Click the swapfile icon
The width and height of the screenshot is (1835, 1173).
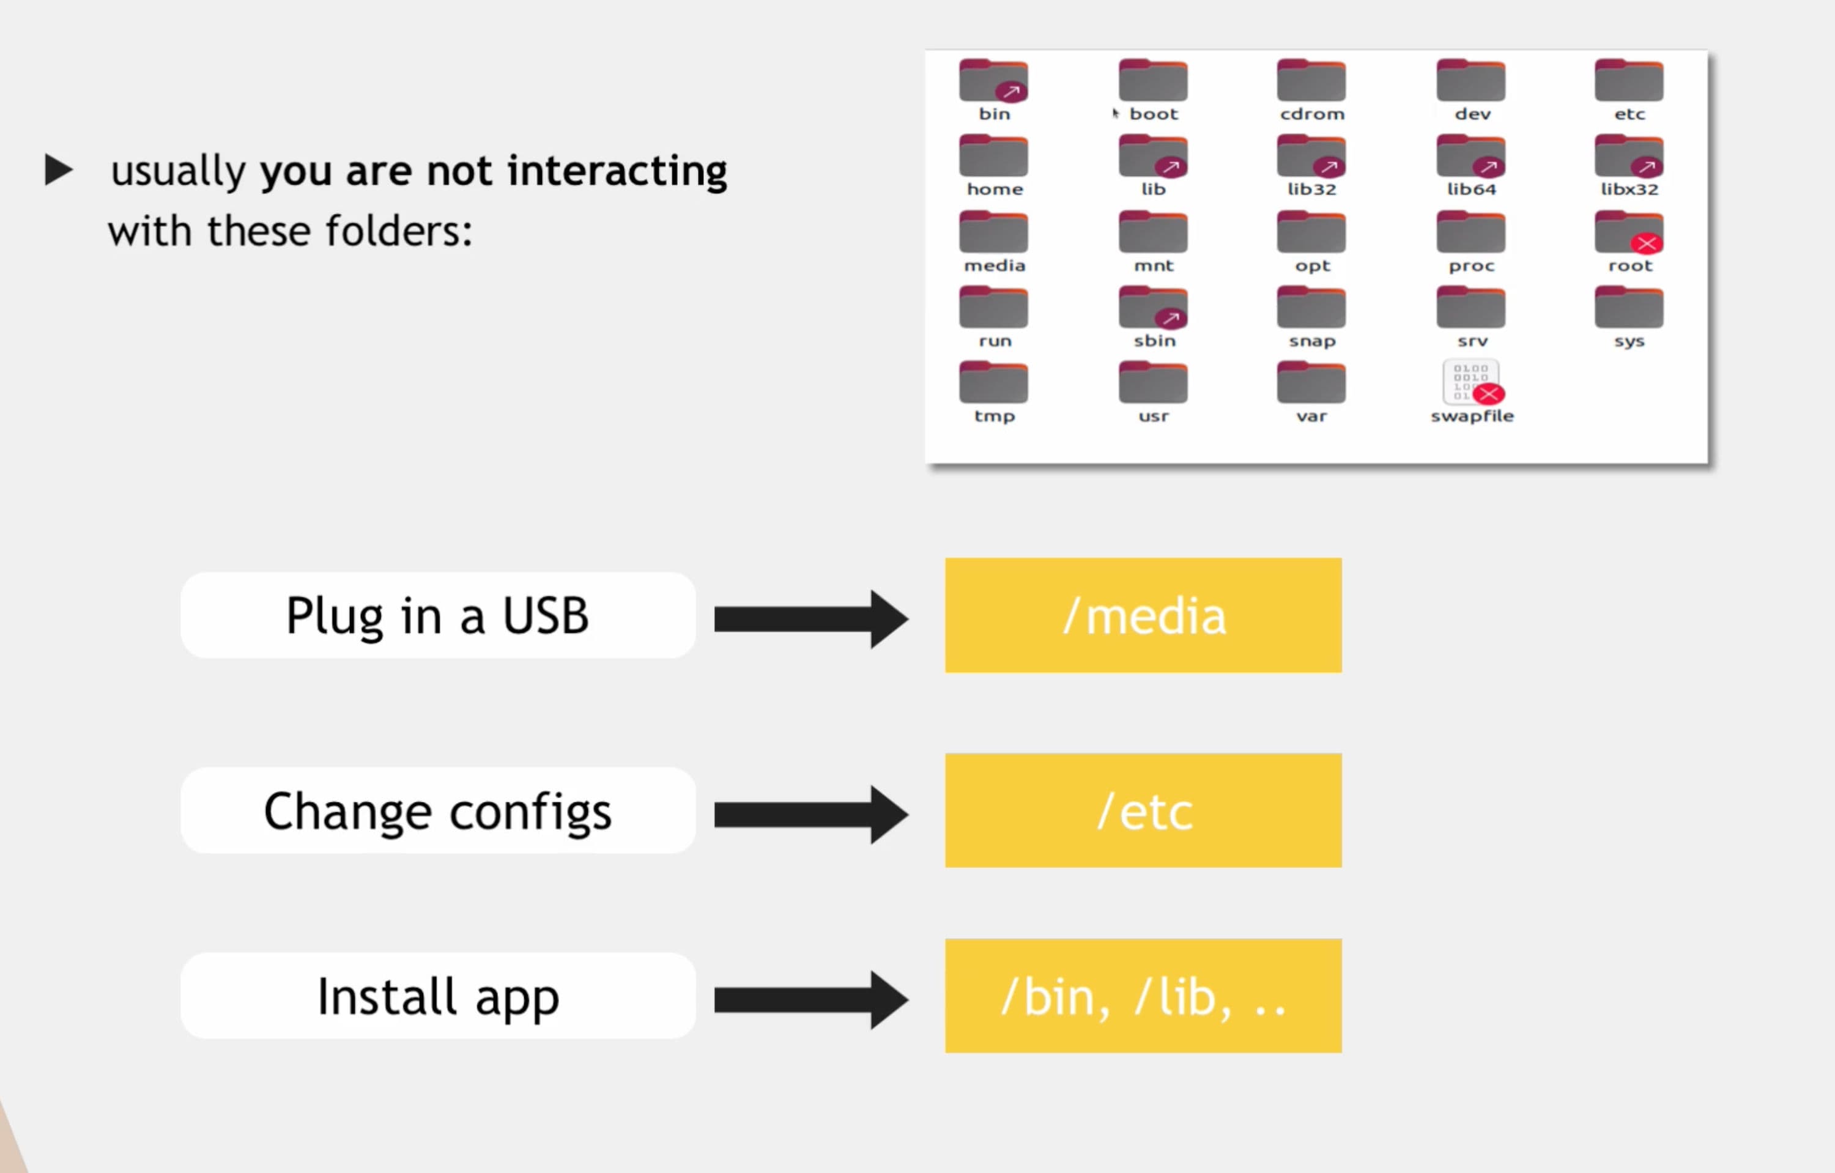click(x=1470, y=382)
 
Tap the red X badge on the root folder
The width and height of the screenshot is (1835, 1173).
click(x=1646, y=244)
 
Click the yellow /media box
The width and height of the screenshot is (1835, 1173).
click(x=1143, y=615)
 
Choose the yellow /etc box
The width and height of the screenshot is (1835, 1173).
click(x=1143, y=810)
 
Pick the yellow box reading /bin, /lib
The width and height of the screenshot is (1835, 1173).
click(x=1143, y=996)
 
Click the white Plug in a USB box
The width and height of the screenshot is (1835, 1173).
click(x=438, y=615)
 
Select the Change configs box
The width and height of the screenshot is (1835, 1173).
click(x=438, y=810)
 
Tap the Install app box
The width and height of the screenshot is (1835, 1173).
click(x=438, y=996)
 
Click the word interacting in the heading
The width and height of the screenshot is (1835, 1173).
click(x=617, y=171)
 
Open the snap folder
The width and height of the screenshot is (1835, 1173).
click(x=1311, y=308)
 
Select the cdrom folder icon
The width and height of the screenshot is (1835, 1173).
click(x=1311, y=81)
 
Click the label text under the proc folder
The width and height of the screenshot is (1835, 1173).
click(x=1472, y=266)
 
